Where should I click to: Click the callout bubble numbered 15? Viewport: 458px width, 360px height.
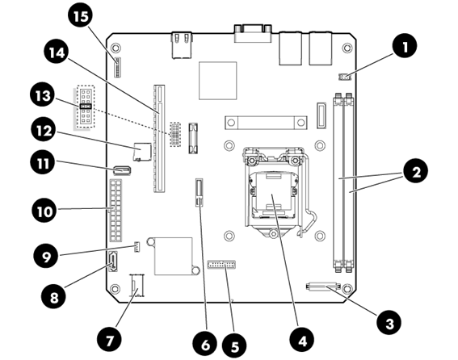click(81, 16)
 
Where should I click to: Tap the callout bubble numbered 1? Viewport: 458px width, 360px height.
click(405, 46)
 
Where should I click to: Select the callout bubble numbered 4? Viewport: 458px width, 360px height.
click(302, 340)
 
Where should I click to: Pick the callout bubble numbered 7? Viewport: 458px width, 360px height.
click(109, 339)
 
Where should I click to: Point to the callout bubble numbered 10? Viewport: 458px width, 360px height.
click(44, 210)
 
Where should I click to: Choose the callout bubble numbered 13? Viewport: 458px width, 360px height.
click(43, 95)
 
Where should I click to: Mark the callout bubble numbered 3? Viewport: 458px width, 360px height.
click(389, 323)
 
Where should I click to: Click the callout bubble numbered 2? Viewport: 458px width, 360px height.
click(416, 171)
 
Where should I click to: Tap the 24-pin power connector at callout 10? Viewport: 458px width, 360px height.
click(116, 210)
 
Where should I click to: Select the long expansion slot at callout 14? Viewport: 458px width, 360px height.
click(159, 138)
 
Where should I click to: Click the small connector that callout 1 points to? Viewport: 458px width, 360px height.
click(345, 77)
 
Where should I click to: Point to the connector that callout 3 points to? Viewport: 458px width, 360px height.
click(323, 286)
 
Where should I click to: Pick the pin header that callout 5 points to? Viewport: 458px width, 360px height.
click(221, 265)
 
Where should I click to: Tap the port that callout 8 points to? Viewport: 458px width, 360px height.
click(113, 262)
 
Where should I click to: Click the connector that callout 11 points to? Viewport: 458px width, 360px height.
click(122, 170)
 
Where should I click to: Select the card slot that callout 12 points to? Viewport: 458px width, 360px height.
click(142, 152)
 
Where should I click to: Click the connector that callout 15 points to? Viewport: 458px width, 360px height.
click(118, 68)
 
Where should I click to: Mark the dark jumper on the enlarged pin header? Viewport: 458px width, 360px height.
click(86, 107)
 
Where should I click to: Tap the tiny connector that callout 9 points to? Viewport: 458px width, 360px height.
click(137, 247)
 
